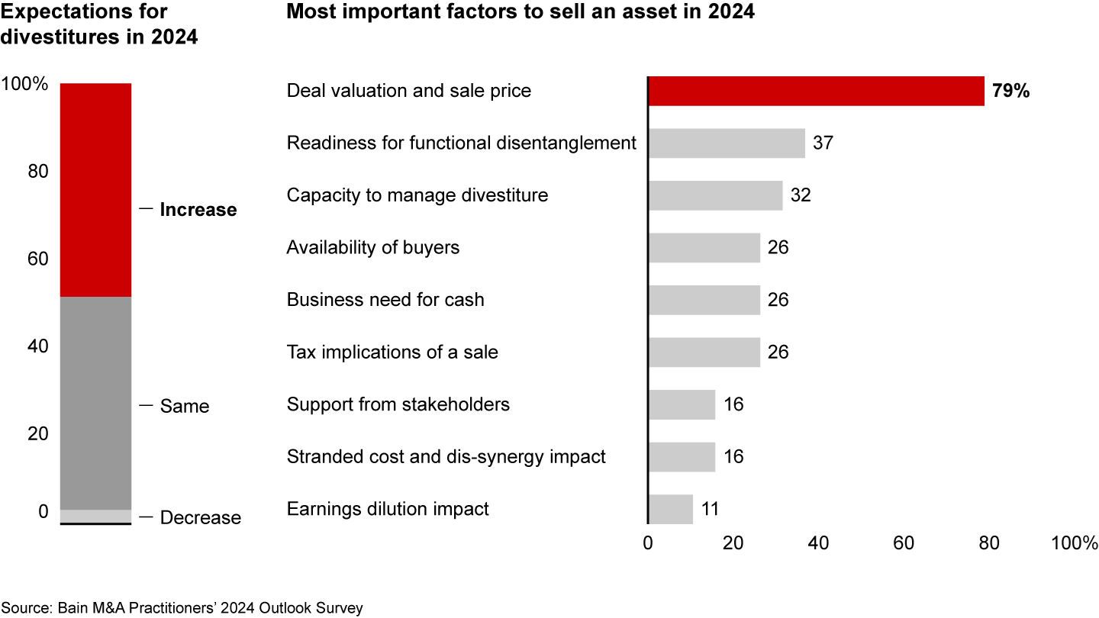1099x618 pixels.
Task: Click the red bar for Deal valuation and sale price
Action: [x=816, y=91]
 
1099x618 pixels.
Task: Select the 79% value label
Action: [x=1011, y=91]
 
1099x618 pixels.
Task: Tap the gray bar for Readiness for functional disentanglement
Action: [x=727, y=143]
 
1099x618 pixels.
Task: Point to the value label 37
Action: [x=823, y=143]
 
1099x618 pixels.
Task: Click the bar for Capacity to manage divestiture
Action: [x=715, y=195]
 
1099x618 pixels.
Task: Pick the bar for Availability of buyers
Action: [x=704, y=248]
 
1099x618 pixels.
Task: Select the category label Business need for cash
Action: [x=385, y=300]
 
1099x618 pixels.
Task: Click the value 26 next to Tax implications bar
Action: [x=778, y=352]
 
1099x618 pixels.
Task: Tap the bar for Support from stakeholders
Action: [x=682, y=404]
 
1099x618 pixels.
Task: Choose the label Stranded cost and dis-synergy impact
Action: [x=446, y=457]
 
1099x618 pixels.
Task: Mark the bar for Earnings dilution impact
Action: [x=670, y=509]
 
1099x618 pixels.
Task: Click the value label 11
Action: [x=710, y=509]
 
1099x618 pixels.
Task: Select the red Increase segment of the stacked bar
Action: [x=95, y=189]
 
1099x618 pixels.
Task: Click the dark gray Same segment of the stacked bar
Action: [x=95, y=403]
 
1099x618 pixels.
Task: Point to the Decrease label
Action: [x=200, y=518]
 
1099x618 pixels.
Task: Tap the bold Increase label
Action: [x=198, y=210]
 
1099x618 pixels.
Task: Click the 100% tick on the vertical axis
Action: [x=24, y=84]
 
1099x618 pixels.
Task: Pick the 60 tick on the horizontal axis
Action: [x=904, y=543]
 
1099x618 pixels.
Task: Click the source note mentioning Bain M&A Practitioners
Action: [x=182, y=607]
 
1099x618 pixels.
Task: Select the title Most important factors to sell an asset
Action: [x=520, y=13]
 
